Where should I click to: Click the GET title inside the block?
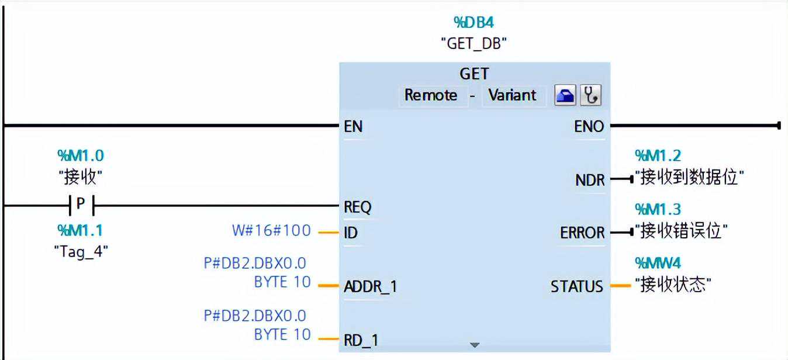[x=474, y=74]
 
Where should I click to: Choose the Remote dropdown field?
[x=431, y=95]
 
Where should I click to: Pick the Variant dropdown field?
[x=512, y=95]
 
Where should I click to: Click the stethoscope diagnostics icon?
[x=591, y=96]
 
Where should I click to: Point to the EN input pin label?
[x=353, y=126]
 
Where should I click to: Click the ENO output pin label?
[x=589, y=126]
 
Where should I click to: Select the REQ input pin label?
[x=358, y=207]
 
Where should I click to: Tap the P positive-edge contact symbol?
[x=81, y=205]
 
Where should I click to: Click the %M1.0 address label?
[x=81, y=155]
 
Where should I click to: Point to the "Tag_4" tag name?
[x=81, y=251]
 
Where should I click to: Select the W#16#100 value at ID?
[x=271, y=230]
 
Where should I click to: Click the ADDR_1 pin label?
[x=371, y=286]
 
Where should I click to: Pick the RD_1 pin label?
[x=360, y=340]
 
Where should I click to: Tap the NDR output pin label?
[x=590, y=180]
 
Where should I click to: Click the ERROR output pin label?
[x=582, y=233]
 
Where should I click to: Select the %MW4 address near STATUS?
[x=658, y=263]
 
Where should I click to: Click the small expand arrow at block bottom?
[x=475, y=345]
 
